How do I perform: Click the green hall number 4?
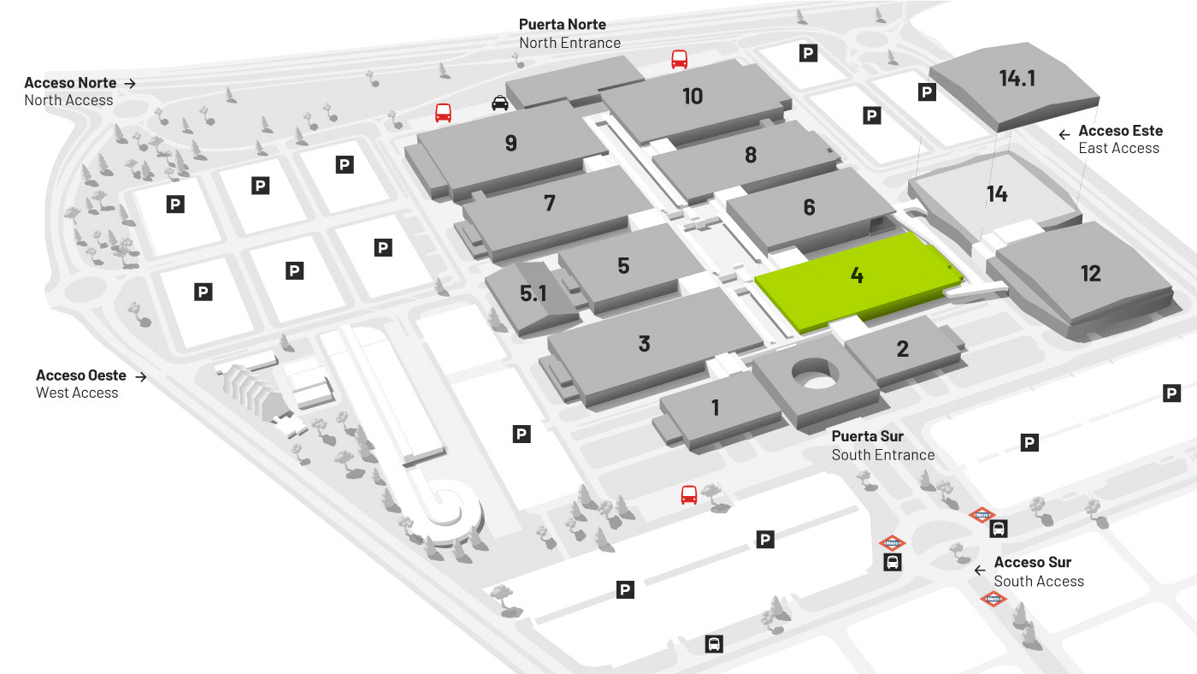857,275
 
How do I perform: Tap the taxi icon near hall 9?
500,102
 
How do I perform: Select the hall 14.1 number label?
1017,79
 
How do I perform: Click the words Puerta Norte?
563,25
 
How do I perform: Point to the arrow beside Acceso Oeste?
141,377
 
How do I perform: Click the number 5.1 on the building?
534,293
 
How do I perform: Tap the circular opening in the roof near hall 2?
815,373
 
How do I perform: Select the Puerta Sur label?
867,437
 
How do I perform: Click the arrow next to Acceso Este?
1064,134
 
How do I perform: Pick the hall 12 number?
1091,274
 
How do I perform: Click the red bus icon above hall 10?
679,59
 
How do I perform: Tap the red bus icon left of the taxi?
443,113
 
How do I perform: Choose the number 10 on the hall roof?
693,96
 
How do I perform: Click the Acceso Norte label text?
70,83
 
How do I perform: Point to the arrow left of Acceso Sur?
980,571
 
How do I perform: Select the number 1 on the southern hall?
716,408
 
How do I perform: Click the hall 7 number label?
549,203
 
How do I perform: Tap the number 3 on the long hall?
645,344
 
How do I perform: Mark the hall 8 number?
751,155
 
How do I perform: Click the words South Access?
1039,582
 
